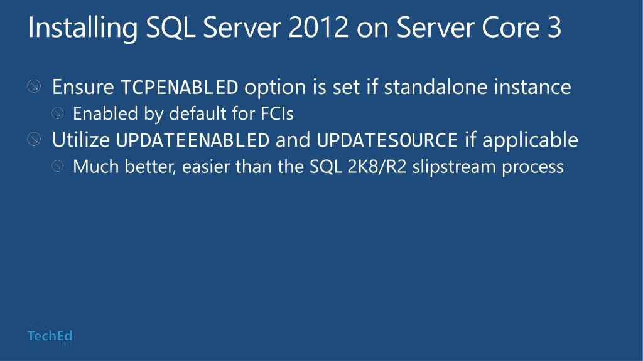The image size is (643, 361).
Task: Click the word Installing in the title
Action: [82, 28]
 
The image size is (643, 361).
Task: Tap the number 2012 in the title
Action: [318, 28]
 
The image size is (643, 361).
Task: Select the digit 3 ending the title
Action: [554, 28]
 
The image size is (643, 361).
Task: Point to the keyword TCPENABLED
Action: [180, 87]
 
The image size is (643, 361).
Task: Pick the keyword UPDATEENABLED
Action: [193, 140]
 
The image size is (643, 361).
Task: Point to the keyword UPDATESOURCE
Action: [387, 140]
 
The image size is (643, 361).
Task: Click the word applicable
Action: [530, 140]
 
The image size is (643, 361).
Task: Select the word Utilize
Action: [81, 140]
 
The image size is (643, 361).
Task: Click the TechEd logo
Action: [50, 336]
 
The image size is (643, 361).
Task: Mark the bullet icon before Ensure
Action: [34, 86]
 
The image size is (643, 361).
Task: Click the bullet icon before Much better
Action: [58, 166]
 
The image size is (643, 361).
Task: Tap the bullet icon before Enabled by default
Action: [58, 113]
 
